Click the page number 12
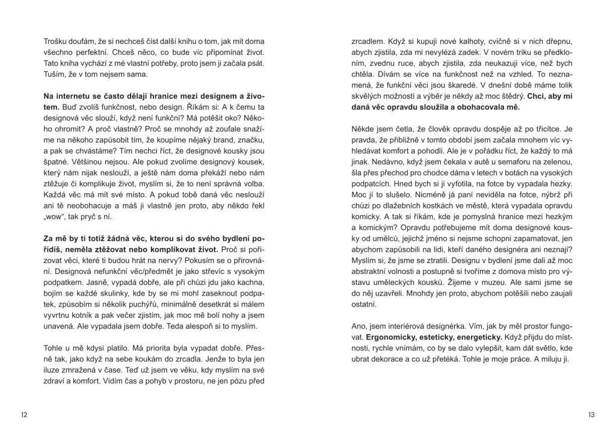click(x=23, y=415)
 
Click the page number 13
click(x=591, y=415)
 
